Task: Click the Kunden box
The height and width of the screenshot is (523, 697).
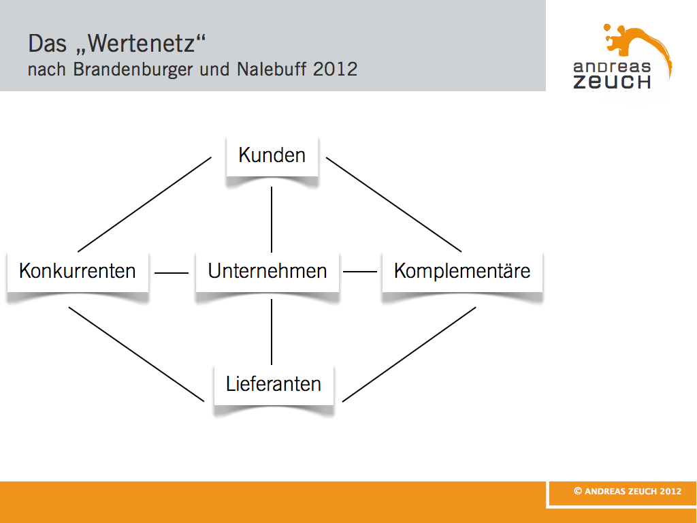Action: pos(272,156)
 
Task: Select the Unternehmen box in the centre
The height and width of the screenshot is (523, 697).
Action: pos(267,272)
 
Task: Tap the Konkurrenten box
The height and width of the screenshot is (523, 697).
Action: pos(78,272)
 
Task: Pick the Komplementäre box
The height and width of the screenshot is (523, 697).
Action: pos(462,272)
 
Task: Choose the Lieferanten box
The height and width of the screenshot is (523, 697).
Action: pos(274,385)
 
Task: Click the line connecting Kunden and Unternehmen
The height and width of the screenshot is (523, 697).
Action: pos(272,220)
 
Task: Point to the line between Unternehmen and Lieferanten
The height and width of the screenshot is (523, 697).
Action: pos(272,332)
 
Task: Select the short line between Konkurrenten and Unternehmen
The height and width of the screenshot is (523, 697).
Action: pos(172,272)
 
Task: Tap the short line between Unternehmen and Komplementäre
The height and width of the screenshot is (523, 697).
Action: pos(360,271)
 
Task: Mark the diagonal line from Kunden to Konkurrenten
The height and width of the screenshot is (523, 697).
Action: pos(144,204)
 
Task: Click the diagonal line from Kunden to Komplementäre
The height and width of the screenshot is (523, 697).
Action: pos(394,204)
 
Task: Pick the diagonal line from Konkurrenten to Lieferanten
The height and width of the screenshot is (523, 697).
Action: pos(136,354)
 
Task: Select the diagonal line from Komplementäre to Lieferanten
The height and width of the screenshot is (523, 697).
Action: pos(409,354)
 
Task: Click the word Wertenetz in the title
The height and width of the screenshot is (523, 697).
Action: pos(142,44)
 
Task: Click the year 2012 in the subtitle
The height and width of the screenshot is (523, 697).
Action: pos(335,69)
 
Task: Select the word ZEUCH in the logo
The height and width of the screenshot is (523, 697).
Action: pos(612,82)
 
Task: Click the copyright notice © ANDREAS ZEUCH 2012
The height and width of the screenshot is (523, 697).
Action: pos(628,491)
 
